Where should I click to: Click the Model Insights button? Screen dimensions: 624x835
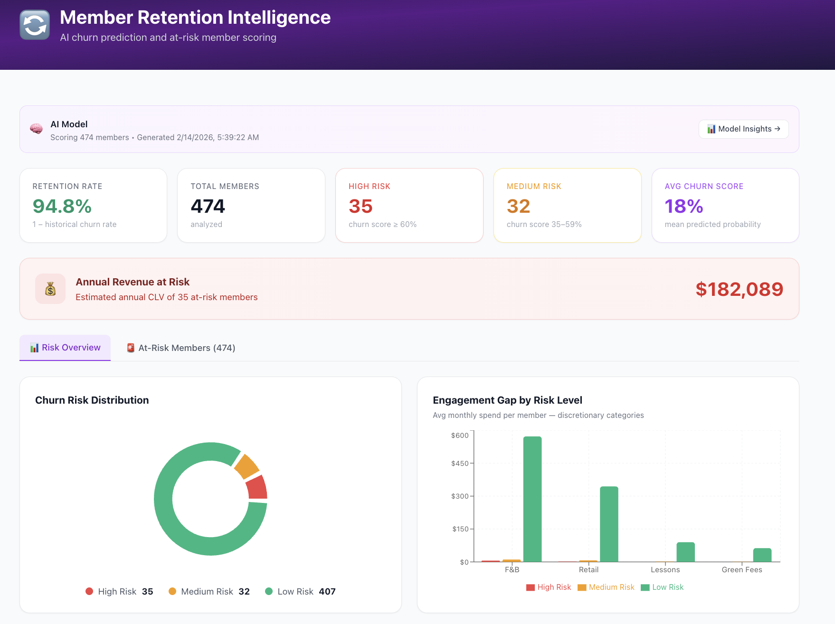tap(743, 129)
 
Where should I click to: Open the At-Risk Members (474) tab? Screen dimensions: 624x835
tap(181, 348)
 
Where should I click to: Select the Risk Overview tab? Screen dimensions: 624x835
tap(65, 348)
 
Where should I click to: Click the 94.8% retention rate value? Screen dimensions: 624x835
tap(62, 206)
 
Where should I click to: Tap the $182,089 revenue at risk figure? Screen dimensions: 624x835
tap(739, 289)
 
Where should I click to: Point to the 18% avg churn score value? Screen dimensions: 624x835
tap(683, 206)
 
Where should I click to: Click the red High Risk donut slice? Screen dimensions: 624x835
tap(257, 488)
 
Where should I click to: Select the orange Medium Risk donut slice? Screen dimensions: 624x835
tap(247, 466)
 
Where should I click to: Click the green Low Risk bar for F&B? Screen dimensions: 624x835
tap(532, 499)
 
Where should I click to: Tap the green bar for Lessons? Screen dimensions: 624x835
tap(685, 552)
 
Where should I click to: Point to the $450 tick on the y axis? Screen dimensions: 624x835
tap(460, 463)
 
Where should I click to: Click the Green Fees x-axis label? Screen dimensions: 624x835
tap(741, 570)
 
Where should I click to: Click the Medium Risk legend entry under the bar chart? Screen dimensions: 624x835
tap(606, 587)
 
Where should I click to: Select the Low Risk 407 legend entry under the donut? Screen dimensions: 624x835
tap(300, 592)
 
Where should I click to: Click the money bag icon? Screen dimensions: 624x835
tap(50, 289)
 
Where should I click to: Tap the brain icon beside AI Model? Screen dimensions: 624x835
tap(36, 129)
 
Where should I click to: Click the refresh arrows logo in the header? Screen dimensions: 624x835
tap(35, 25)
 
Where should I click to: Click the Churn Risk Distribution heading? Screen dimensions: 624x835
tap(92, 400)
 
